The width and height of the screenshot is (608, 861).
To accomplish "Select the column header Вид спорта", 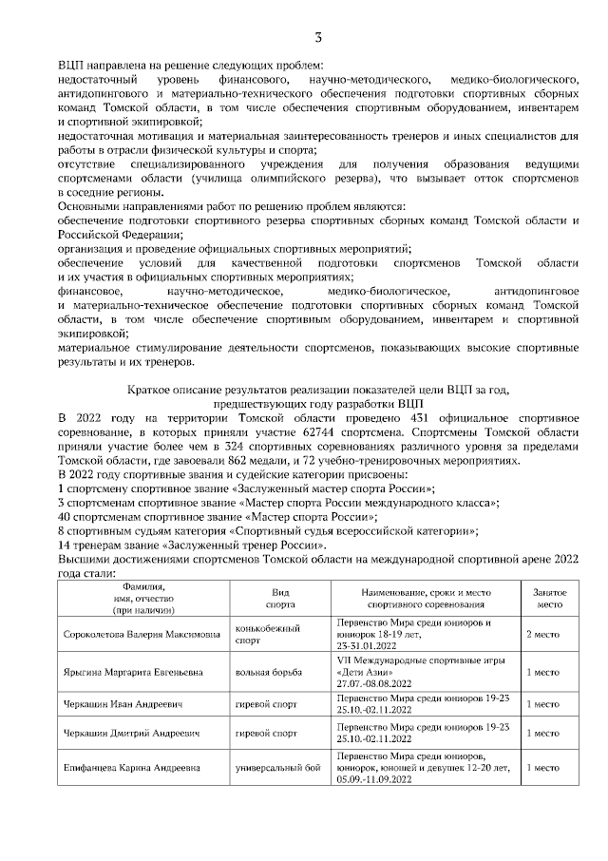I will (x=279, y=597).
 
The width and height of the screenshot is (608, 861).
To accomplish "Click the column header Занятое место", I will (x=550, y=597).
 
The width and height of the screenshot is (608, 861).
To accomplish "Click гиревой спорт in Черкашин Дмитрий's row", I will (x=266, y=734).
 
